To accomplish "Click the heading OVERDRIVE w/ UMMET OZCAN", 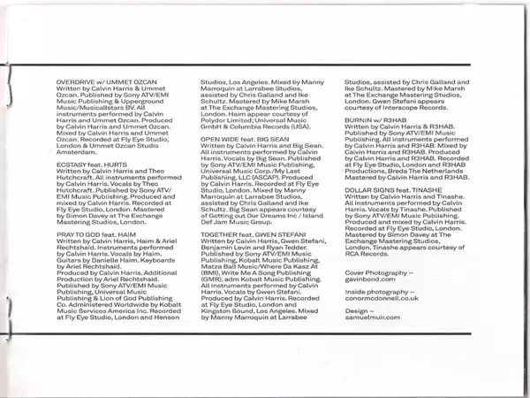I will tap(100, 80).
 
